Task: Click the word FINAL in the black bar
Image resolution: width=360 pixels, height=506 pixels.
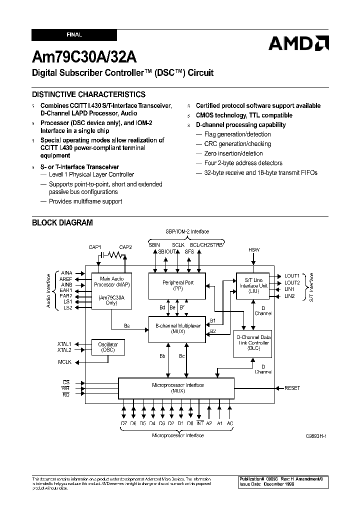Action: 74,35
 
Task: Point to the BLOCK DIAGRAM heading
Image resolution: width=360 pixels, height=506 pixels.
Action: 62,223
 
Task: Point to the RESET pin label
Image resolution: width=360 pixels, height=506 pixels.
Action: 292,388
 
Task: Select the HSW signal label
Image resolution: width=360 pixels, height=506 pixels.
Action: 254,249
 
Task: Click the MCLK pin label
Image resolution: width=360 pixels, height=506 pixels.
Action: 64,361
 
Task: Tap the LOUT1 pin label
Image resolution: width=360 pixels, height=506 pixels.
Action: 292,275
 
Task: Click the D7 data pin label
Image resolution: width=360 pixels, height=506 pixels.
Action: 123,424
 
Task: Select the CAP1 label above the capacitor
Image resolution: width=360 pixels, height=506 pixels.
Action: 95,247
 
